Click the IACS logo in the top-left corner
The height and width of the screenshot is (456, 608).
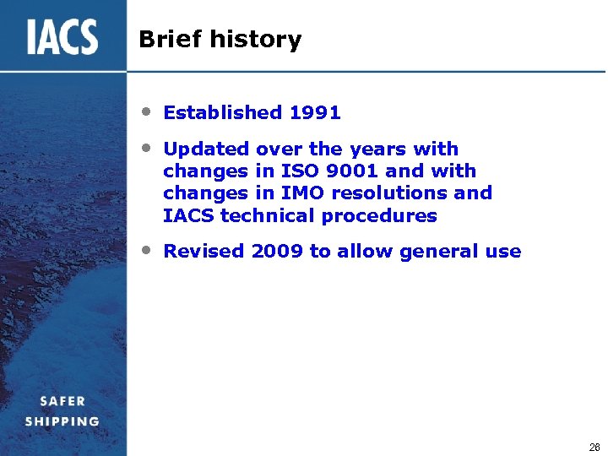(x=62, y=37)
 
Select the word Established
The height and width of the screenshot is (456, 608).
(x=222, y=112)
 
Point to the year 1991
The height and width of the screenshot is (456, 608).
(x=314, y=112)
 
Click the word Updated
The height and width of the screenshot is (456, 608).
(x=206, y=149)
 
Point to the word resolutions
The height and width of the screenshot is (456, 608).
(x=389, y=193)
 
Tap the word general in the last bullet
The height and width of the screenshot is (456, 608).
(x=434, y=252)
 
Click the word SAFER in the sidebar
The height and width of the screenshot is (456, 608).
(x=62, y=401)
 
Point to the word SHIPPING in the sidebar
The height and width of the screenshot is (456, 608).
(x=62, y=421)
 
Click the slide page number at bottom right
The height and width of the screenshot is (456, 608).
(x=594, y=448)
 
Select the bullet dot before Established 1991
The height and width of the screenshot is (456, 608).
(x=147, y=111)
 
